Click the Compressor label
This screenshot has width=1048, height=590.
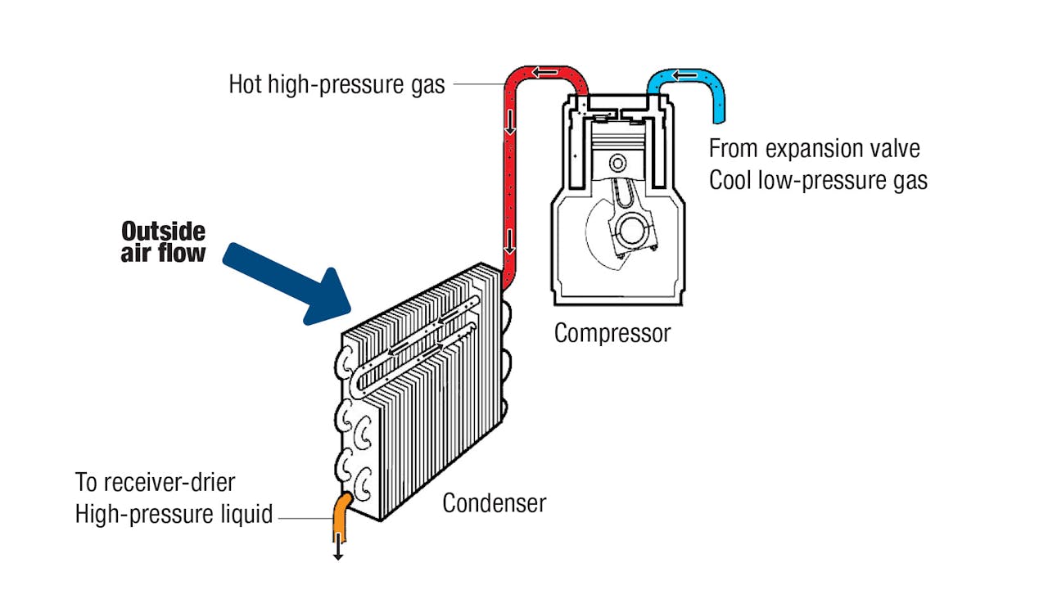point(612,334)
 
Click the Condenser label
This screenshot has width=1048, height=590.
point(494,502)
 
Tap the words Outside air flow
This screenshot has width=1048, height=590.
point(163,241)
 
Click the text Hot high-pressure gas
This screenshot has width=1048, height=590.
point(337,84)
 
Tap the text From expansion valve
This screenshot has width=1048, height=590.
point(814,149)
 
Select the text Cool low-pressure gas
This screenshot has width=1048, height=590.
point(818,180)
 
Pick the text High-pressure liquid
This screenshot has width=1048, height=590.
point(174,514)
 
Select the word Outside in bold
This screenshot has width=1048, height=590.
point(163,231)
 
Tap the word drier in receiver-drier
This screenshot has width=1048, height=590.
point(210,482)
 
